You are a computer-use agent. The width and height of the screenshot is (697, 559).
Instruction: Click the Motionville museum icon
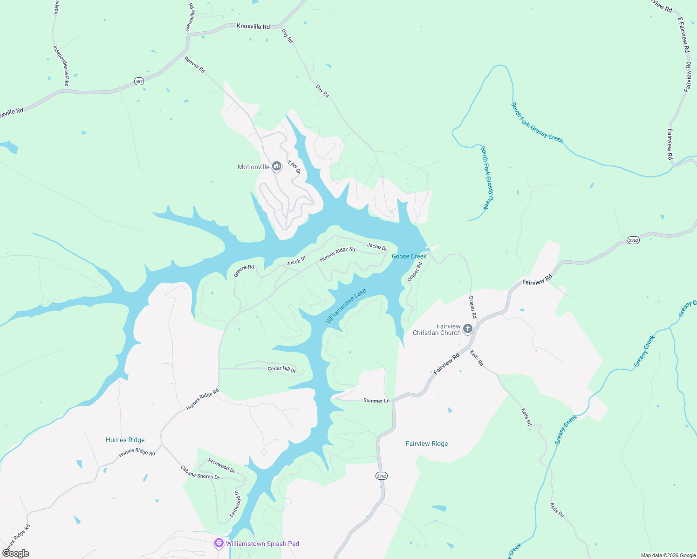pos(277,166)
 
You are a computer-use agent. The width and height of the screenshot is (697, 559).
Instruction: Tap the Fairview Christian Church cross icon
pos(468,329)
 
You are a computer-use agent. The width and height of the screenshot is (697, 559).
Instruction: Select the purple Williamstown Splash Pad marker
pos(219,543)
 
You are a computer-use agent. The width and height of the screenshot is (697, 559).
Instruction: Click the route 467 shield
pos(139,81)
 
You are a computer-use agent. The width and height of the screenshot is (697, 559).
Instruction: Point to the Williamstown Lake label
pos(346,306)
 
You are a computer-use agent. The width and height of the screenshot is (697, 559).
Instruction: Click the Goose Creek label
pos(409,256)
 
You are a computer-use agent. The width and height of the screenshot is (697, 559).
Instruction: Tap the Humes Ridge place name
pos(125,440)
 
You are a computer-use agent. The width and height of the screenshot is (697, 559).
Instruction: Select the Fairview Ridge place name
pos(427,443)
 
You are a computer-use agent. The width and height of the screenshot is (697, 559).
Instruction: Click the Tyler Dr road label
pos(294,167)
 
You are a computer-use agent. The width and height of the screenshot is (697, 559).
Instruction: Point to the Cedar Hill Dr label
pos(282,369)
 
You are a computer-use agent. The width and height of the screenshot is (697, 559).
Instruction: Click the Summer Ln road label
pos(376,401)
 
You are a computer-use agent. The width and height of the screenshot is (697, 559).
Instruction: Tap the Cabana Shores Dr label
pos(200,472)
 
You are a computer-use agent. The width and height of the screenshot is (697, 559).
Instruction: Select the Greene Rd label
pos(244,271)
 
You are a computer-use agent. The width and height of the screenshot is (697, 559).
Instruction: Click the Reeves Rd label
pos(195,65)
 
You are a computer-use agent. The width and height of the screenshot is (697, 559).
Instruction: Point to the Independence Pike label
pos(61,65)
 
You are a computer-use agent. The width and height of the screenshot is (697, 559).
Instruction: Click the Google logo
pos(15,553)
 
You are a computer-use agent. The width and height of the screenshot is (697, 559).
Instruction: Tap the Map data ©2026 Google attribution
pos(668,555)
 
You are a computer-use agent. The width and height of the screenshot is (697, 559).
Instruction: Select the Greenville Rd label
pos(190,17)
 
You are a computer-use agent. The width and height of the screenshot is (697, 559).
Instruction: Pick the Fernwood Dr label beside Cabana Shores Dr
pos(222,465)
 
